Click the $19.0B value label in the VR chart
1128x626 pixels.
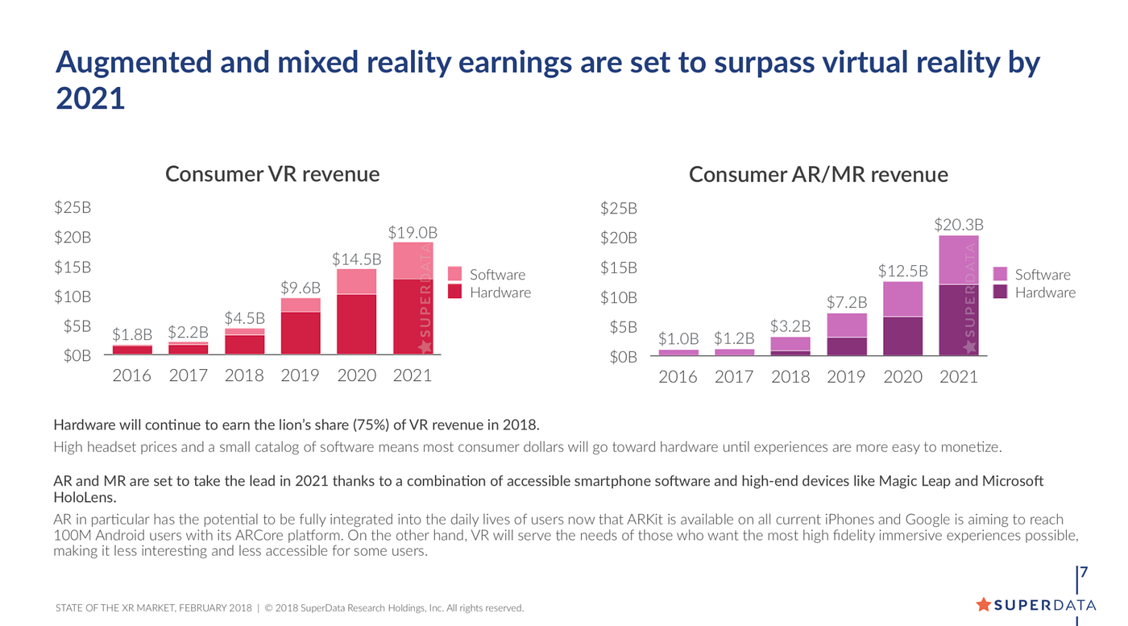(x=412, y=233)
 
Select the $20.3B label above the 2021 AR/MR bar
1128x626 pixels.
(x=959, y=225)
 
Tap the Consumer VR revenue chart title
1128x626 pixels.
(x=272, y=174)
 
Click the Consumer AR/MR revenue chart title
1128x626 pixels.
(x=818, y=175)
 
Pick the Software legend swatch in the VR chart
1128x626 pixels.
(x=454, y=274)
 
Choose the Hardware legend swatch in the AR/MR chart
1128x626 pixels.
(x=1000, y=292)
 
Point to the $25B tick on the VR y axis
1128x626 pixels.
(x=73, y=208)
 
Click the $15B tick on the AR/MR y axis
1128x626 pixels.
(x=618, y=267)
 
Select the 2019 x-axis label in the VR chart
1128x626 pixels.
(x=300, y=375)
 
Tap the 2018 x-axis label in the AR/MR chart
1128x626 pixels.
(x=790, y=376)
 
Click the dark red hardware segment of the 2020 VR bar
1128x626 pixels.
(x=356, y=324)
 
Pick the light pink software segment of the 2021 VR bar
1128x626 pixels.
(x=413, y=260)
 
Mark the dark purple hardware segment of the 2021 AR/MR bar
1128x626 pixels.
(x=959, y=320)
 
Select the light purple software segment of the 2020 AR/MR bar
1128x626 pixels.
(x=902, y=299)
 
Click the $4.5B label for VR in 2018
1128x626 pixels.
(x=245, y=317)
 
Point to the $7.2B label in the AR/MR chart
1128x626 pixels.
(x=846, y=302)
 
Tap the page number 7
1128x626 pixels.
(x=1084, y=573)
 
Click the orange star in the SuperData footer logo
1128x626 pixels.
(x=983, y=604)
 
